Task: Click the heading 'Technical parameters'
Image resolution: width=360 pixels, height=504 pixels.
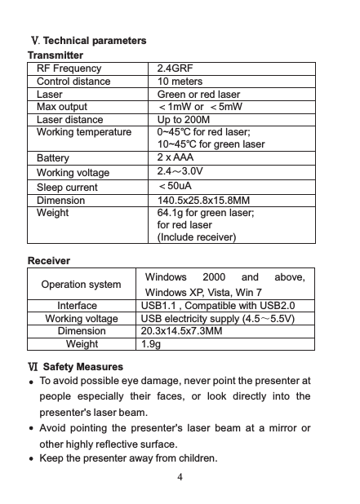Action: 95,40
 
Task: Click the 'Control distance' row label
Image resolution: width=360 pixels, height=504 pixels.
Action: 76,82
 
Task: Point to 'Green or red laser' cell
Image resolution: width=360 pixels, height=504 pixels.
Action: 198,94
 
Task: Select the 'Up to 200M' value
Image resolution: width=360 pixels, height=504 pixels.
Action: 184,119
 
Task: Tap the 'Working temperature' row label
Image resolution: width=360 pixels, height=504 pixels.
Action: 84,131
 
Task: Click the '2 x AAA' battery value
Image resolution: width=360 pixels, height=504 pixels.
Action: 175,156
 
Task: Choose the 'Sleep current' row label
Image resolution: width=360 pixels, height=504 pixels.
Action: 67,187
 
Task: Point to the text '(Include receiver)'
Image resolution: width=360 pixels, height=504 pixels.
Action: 197,237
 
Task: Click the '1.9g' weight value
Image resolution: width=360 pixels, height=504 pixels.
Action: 151,344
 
